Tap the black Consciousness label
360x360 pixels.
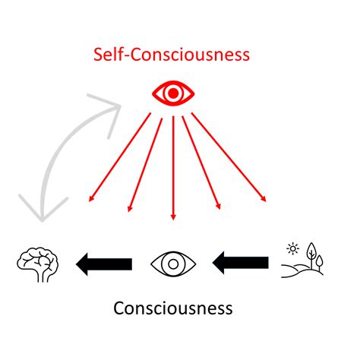173,308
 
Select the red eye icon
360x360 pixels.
173,93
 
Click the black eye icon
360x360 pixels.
173,264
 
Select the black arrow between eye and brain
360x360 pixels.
103,264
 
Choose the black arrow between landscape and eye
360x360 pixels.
240,264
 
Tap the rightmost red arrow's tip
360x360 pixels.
266,201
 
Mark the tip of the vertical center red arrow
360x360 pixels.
174,218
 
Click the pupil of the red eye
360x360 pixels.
173,93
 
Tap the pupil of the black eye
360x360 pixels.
173,264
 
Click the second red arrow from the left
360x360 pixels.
145,163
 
